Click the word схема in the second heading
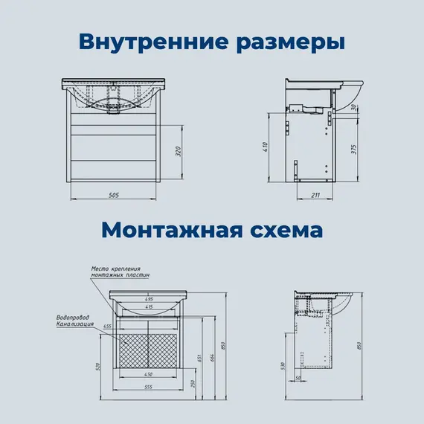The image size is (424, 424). point(285,229)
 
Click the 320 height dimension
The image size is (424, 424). point(178,152)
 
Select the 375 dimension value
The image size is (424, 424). point(356,150)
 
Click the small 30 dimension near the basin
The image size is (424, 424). point(356,109)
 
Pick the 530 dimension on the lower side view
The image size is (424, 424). point(283,367)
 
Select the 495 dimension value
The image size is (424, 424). point(149,298)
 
